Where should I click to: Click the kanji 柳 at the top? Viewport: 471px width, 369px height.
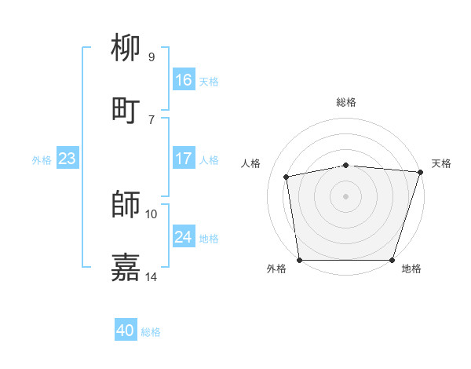click(x=126, y=49)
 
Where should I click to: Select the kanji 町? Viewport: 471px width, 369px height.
click(x=126, y=110)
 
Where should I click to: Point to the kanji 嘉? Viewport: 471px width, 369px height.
click(x=126, y=267)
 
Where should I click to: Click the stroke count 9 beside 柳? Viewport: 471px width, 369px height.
click(x=152, y=57)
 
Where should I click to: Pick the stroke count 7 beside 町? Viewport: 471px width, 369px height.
click(x=152, y=119)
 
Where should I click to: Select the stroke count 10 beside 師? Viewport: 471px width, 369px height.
click(x=152, y=214)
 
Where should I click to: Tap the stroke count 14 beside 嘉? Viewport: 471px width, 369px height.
click(x=152, y=276)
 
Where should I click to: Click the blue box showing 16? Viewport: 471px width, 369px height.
click(x=184, y=80)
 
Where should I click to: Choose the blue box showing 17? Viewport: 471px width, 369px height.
click(x=184, y=159)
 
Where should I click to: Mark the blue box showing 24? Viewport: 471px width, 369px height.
click(x=184, y=237)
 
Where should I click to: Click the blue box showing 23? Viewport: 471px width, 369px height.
click(x=68, y=159)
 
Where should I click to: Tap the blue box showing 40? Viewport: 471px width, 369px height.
click(x=126, y=331)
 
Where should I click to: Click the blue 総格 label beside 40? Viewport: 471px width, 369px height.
click(x=151, y=332)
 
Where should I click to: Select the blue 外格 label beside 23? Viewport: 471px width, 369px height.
click(x=42, y=160)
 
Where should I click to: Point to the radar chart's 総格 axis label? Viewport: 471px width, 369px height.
click(x=346, y=102)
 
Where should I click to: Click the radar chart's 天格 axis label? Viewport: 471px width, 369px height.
click(x=441, y=163)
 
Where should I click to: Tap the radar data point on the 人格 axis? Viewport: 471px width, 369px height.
click(x=287, y=177)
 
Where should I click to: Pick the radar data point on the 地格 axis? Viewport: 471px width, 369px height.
click(x=392, y=260)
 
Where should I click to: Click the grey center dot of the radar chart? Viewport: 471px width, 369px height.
click(x=346, y=195)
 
